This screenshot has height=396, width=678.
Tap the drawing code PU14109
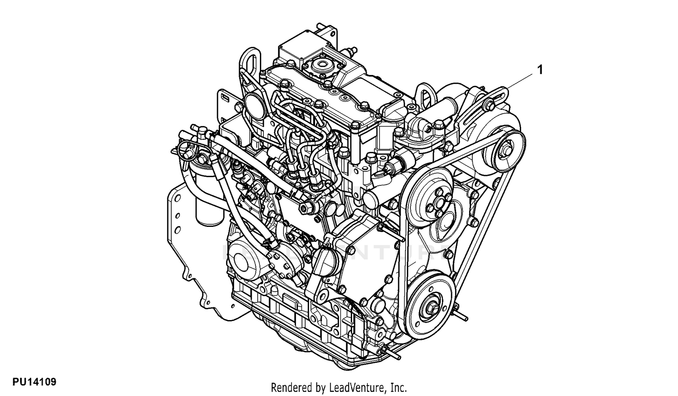coord(34,382)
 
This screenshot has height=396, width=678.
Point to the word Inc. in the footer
coord(399,387)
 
